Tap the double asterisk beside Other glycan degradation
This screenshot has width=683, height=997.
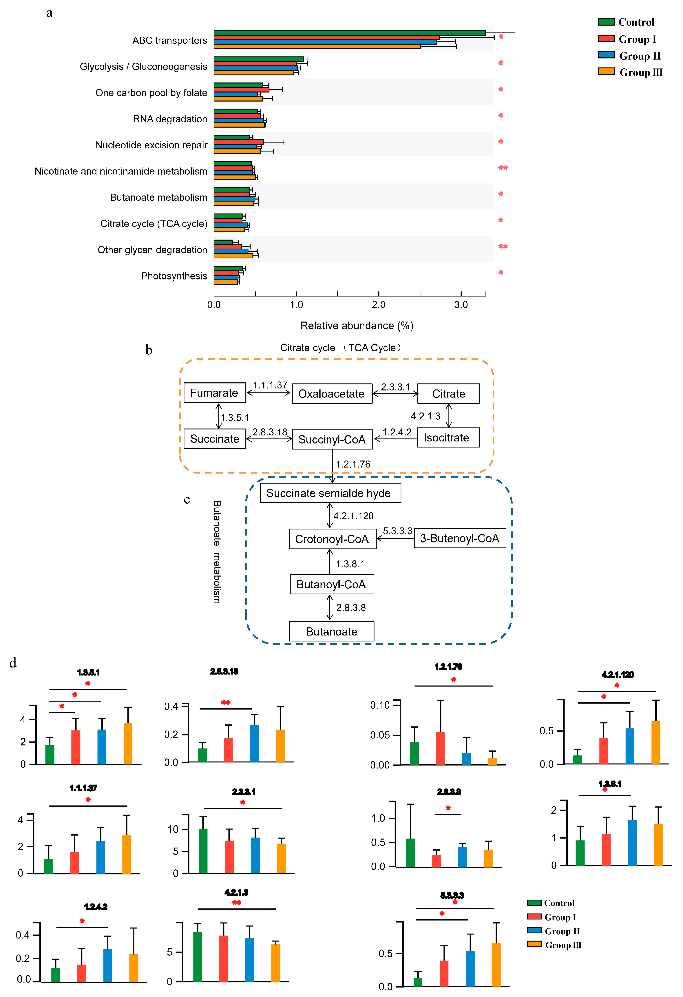pos(503,246)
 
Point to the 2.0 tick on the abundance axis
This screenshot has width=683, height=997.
pos(378,305)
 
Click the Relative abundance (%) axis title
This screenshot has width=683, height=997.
pos(357,326)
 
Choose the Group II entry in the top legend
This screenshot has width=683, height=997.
pos(639,56)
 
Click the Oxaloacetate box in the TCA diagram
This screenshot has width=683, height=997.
pos(332,394)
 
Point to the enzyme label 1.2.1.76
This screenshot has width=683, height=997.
pos(353,464)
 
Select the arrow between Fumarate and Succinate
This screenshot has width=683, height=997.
pos(219,416)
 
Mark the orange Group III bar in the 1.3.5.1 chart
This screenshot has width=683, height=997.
pos(128,744)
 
